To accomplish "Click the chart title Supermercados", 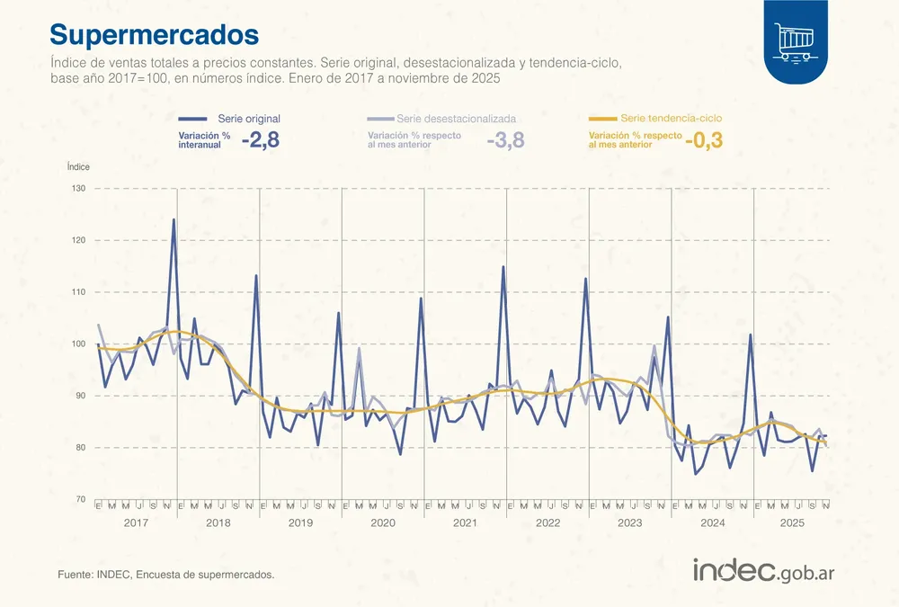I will coord(154,34).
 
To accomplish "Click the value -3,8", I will coord(504,140).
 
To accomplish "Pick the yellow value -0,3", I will coord(704,140).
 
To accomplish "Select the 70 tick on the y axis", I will coord(78,500).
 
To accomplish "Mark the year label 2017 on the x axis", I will coord(136,522).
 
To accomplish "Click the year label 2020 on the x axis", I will coord(383,522).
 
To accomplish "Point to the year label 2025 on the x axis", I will coord(792,522).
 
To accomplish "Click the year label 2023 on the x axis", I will coord(629,522).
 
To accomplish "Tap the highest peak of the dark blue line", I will coord(174,219).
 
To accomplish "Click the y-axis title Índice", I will coord(78,166).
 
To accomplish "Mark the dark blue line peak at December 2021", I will coord(503,266).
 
